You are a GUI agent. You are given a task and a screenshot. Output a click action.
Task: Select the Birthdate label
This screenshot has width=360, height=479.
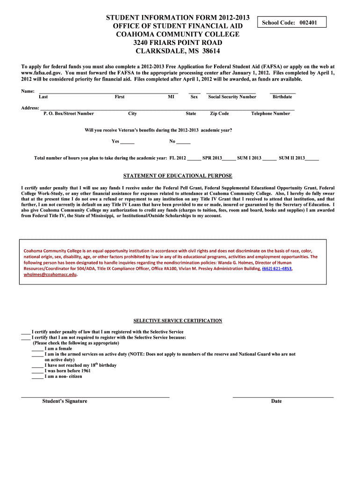coord(282,97)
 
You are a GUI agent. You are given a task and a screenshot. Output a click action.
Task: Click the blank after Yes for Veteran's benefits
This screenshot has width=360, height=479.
coord(128,142)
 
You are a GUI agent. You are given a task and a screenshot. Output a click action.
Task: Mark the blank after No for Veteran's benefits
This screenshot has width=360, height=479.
coord(184,142)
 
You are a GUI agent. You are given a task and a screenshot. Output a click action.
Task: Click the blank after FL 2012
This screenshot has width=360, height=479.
coord(194,159)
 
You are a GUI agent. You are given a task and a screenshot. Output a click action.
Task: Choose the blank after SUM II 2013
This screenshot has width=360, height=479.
coord(312,159)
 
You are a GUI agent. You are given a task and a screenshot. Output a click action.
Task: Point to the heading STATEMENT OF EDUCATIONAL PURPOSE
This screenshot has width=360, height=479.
coord(178,176)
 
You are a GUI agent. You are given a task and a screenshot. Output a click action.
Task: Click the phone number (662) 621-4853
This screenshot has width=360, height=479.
coord(277,269)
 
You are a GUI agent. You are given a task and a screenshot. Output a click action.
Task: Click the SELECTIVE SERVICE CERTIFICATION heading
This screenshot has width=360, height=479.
coord(178,321)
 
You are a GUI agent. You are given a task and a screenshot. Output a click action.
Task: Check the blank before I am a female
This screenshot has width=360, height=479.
coord(37,348)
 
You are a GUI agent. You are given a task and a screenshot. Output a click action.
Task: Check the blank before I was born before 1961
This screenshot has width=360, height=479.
coord(37,371)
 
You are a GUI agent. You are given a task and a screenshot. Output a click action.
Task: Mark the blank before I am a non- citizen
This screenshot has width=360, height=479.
coord(37,377)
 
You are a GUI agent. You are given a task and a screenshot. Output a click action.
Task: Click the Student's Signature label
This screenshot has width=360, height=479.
coord(65,401)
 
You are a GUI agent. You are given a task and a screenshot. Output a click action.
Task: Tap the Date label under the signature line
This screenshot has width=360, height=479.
coord(276,401)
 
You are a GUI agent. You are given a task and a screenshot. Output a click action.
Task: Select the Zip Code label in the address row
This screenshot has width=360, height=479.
coord(219,114)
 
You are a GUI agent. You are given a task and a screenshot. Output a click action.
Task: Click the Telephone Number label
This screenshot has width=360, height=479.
coord(270,114)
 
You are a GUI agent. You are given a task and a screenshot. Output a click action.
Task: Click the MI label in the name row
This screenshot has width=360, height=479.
coord(171,97)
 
